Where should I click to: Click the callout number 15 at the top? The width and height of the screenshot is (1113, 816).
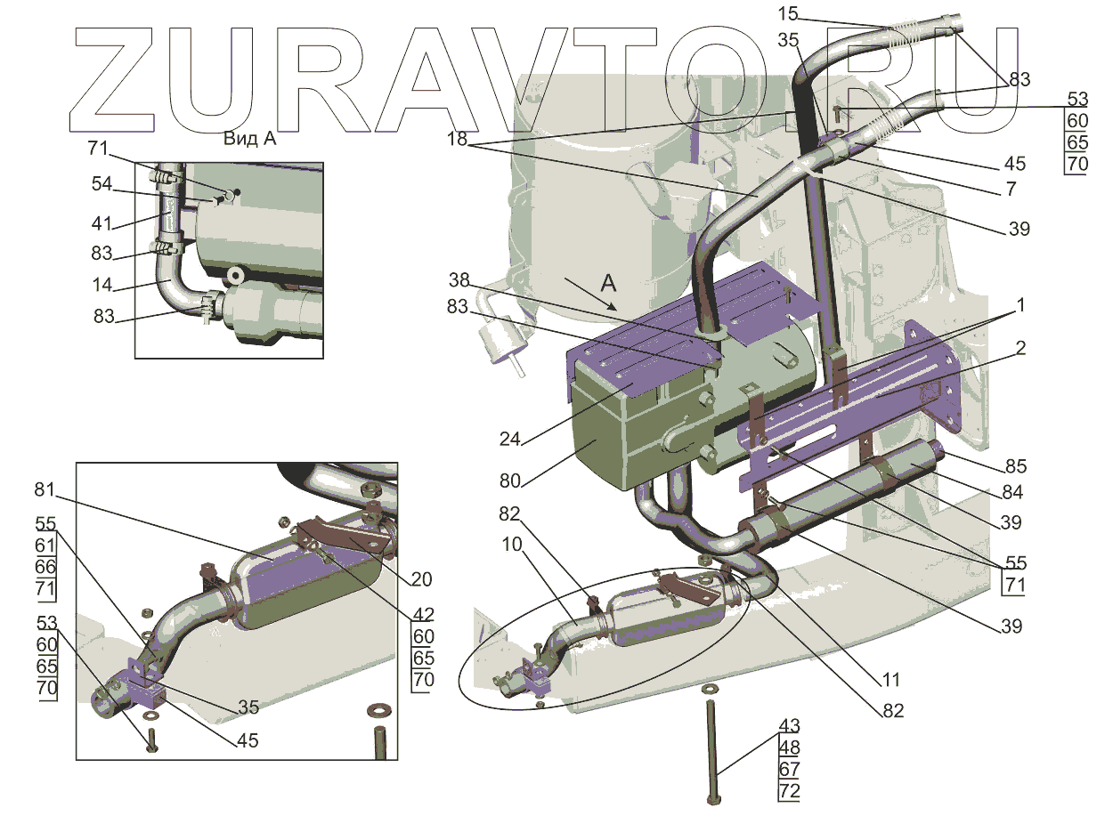tap(788, 14)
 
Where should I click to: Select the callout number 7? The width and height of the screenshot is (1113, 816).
tap(1010, 189)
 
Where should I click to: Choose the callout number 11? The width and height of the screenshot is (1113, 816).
tap(890, 680)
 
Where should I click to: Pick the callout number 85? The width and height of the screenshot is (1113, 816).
tap(1016, 466)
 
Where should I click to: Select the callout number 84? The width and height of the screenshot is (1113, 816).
tap(1012, 492)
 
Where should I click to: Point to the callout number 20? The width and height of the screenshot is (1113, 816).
tap(421, 579)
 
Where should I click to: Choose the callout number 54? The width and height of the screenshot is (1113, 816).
tap(102, 183)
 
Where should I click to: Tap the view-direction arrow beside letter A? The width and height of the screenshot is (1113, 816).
tap(588, 294)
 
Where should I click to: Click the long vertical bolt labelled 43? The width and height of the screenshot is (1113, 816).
tap(712, 747)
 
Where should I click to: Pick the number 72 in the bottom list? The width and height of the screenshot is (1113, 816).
tap(789, 791)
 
